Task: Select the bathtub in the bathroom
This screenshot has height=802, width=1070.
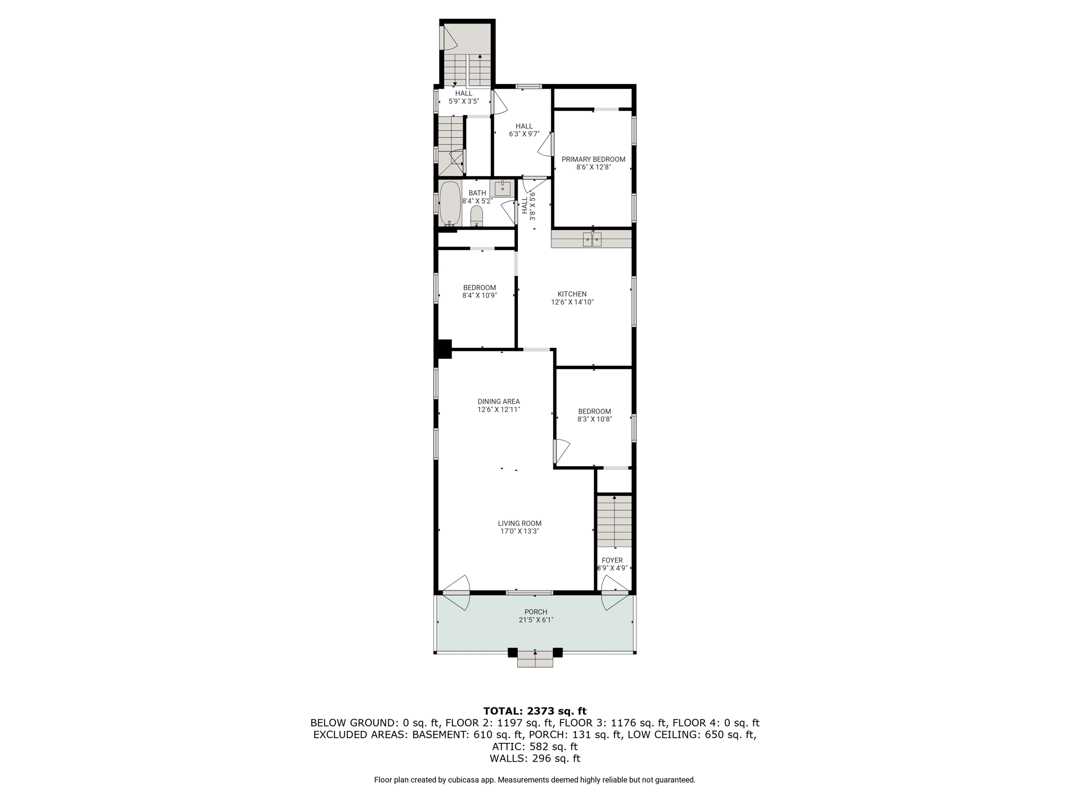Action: point(450,203)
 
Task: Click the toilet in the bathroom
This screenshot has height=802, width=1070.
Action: point(476,216)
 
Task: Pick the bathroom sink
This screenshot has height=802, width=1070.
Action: point(502,188)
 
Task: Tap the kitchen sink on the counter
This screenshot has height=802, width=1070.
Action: point(592,239)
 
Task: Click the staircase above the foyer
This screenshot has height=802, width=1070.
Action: point(614,521)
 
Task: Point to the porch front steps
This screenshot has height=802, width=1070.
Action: point(535,659)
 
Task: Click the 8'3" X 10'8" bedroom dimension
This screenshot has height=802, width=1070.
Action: point(595,419)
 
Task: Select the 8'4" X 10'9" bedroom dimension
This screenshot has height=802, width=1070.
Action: point(479,295)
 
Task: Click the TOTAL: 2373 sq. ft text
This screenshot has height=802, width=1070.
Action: point(534,711)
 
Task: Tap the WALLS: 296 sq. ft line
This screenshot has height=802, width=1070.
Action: point(534,758)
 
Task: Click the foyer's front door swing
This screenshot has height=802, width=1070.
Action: point(615,593)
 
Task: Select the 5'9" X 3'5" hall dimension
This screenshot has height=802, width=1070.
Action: point(463,101)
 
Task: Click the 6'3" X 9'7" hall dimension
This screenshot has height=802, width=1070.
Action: point(524,134)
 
